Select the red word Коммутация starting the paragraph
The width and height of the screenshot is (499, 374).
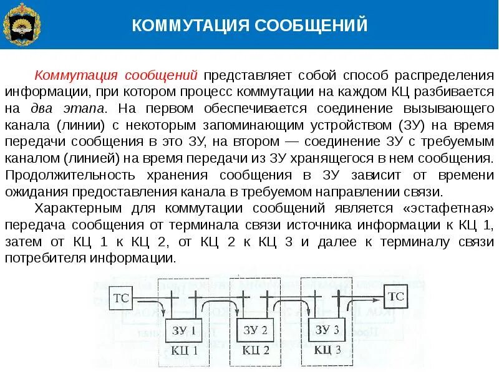77,76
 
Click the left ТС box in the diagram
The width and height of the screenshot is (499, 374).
122,297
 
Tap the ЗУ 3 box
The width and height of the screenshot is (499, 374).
326,330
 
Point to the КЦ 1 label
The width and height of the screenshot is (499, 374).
184,350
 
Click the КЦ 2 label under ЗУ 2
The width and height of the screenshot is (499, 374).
255,350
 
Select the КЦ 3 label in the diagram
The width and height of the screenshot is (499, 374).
326,350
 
